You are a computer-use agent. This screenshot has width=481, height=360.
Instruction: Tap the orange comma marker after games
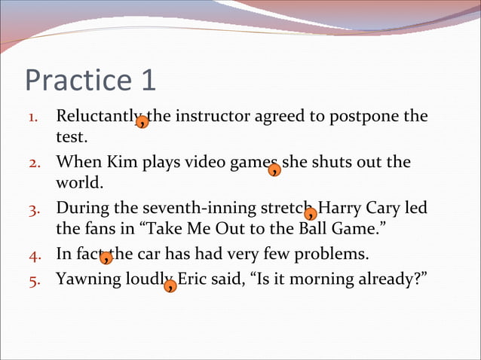coord(274,169)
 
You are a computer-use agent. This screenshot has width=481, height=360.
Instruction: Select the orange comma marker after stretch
coord(310,214)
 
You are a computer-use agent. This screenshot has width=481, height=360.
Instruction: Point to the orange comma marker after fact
coord(106,258)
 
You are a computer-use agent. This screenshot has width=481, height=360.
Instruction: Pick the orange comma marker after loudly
coord(171,285)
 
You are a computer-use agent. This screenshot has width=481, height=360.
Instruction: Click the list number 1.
coord(33,118)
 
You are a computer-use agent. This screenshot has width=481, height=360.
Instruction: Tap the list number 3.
coord(33,209)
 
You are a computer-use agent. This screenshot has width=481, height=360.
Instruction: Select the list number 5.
coord(33,280)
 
